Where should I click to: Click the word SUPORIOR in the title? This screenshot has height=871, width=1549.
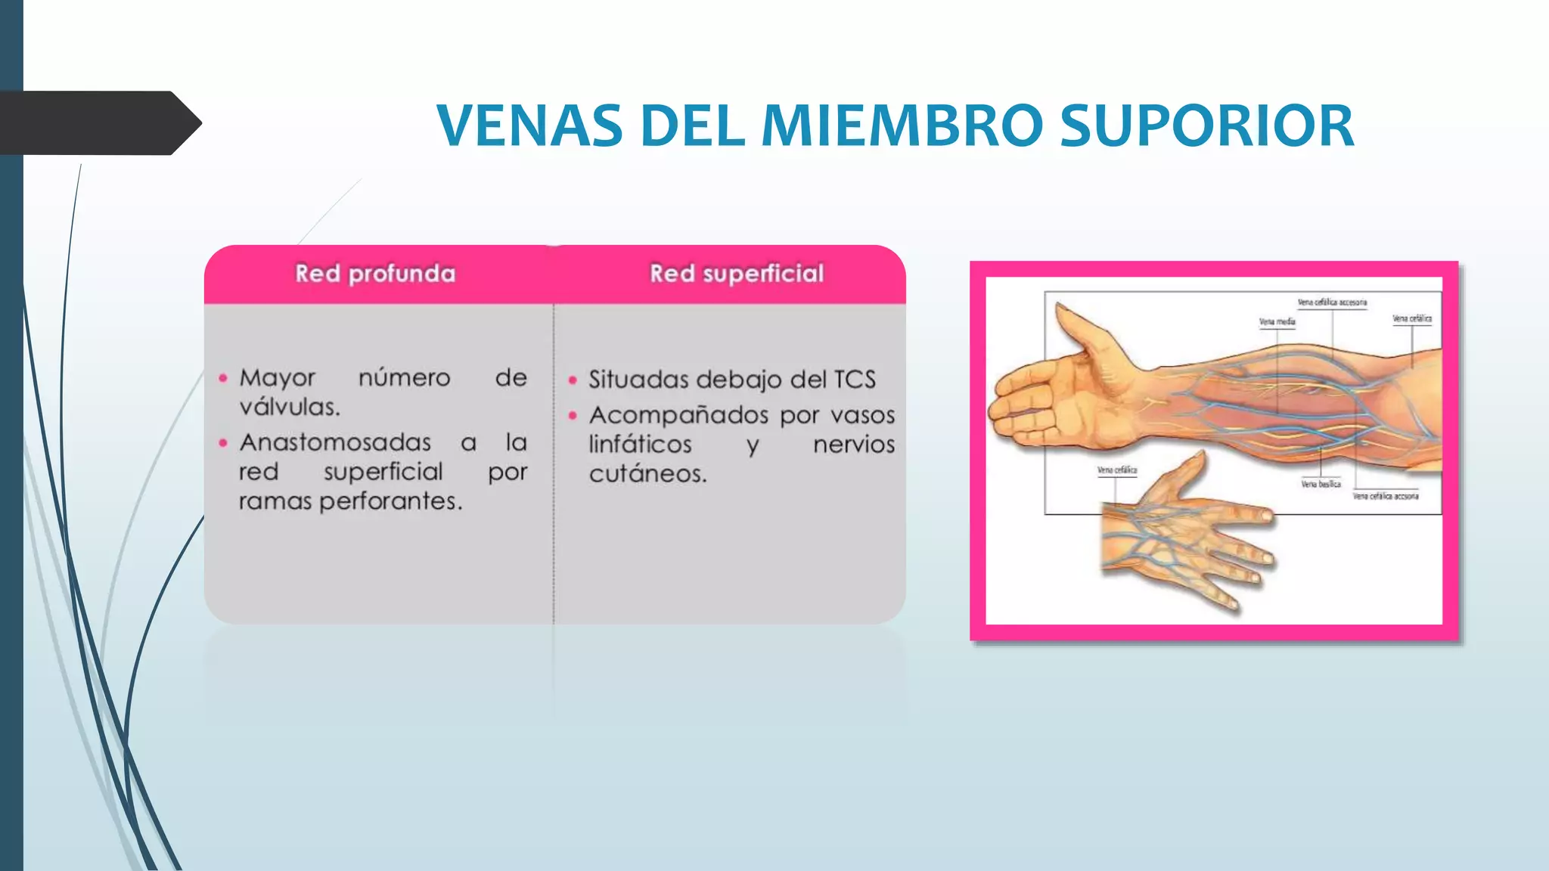point(1206,126)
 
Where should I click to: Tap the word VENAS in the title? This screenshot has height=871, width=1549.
point(529,126)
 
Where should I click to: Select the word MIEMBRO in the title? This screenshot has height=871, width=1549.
point(902,126)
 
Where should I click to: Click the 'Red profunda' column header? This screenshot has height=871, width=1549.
point(375,274)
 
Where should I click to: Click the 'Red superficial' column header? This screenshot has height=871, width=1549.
point(737,274)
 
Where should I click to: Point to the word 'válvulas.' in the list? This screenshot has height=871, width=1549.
point(290,408)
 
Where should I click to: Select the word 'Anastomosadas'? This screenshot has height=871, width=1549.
point(335,442)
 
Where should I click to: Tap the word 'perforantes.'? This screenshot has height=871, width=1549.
point(390,501)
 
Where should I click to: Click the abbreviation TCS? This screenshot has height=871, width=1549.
point(855,380)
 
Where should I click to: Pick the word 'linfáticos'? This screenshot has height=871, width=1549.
point(640,445)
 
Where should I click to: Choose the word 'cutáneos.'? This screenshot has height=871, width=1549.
point(647,474)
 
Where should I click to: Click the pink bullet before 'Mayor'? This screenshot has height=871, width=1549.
point(223,378)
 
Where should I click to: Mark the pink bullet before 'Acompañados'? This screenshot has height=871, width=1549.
point(573,415)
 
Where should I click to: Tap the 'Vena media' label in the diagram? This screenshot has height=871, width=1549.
point(1277,322)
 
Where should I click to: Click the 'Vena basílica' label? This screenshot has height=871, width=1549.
point(1321,484)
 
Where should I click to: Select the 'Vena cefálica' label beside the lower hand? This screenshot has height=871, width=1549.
point(1117,470)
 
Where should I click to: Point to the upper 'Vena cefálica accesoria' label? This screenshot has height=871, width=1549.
point(1332,302)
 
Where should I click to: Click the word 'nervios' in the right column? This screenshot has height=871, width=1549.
point(854,445)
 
